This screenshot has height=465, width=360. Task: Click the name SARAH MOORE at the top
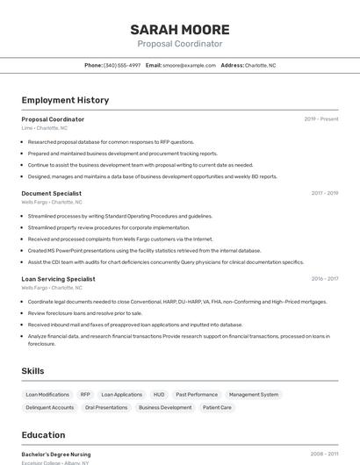click(x=180, y=29)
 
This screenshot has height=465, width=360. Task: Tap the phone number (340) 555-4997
click(x=122, y=66)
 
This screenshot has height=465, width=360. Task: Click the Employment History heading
click(x=65, y=100)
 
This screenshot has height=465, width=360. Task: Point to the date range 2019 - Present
click(x=321, y=119)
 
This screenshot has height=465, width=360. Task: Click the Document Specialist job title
click(x=52, y=193)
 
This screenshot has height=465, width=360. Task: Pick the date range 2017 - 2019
click(x=324, y=193)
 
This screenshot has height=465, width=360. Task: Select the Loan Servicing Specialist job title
click(x=59, y=279)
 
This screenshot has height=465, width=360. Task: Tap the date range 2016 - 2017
click(x=324, y=279)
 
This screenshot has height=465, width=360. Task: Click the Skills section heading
click(x=33, y=371)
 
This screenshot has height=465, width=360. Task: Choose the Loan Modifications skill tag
click(x=47, y=395)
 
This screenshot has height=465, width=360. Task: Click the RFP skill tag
click(x=85, y=395)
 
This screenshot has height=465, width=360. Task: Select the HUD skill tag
click(x=159, y=395)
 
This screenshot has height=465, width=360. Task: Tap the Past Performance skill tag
click(x=197, y=395)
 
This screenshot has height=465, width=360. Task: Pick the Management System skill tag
click(x=254, y=395)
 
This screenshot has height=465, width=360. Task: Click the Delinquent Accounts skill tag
click(x=50, y=407)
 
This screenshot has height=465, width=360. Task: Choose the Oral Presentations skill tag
click(x=106, y=407)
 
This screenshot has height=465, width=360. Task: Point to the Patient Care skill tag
click(x=217, y=407)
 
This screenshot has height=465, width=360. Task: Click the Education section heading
click(x=43, y=435)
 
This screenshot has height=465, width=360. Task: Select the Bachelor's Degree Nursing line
click(x=56, y=454)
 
